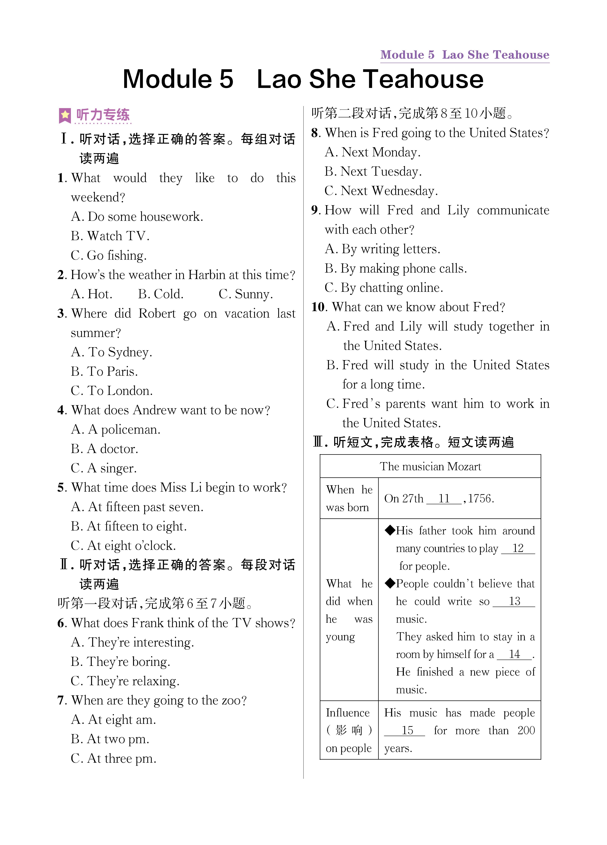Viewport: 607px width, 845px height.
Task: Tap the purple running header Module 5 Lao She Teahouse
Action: [x=465, y=55]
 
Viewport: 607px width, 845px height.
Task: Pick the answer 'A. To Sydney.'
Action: [x=112, y=352]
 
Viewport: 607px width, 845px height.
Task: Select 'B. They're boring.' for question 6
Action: [x=120, y=662]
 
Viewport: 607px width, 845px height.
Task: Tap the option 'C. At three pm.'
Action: [x=113, y=759]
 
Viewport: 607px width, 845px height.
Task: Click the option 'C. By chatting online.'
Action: [x=384, y=288]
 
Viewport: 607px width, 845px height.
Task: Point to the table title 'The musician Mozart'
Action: [x=430, y=466]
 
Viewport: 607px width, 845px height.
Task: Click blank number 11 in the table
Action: [x=444, y=498]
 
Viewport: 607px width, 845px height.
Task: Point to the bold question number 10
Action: [x=318, y=307]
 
